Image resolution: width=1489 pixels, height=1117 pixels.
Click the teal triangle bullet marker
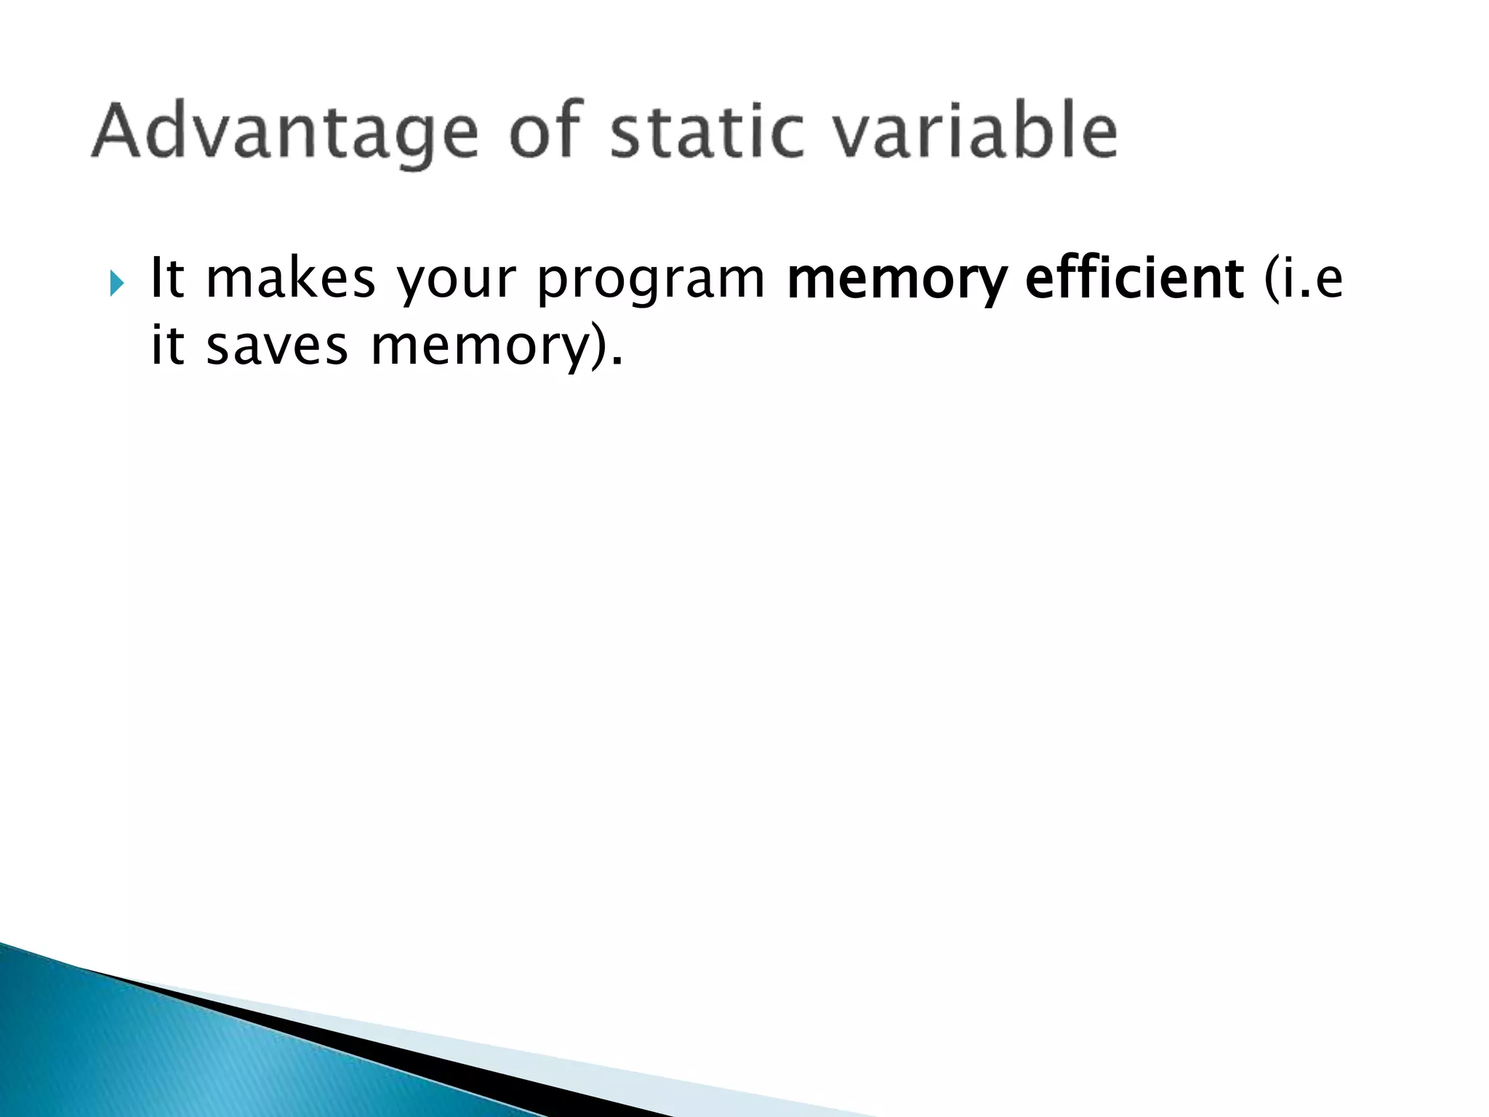(x=117, y=283)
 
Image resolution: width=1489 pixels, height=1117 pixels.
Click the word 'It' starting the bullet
(x=166, y=279)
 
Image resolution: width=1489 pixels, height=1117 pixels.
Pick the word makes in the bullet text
(x=290, y=279)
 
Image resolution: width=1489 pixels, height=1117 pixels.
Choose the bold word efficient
(x=1134, y=279)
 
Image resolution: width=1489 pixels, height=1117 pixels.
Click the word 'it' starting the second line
(x=166, y=345)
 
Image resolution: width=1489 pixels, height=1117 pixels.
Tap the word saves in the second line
(x=277, y=347)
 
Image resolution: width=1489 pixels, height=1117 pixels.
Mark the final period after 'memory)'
(x=618, y=362)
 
